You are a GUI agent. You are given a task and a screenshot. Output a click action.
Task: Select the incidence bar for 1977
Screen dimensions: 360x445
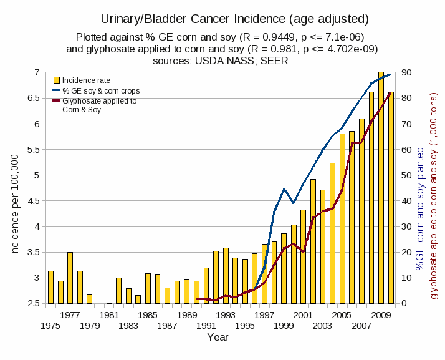70,278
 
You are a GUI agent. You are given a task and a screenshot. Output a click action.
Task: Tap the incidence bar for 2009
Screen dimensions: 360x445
381,188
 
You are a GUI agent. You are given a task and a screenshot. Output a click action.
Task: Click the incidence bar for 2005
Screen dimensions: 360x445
342,218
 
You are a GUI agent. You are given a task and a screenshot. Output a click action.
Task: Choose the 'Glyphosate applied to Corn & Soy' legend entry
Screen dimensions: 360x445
100,105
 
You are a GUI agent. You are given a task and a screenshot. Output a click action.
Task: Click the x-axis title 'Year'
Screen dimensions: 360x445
218,338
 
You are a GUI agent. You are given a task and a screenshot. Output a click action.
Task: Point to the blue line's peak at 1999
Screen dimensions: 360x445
284,188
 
